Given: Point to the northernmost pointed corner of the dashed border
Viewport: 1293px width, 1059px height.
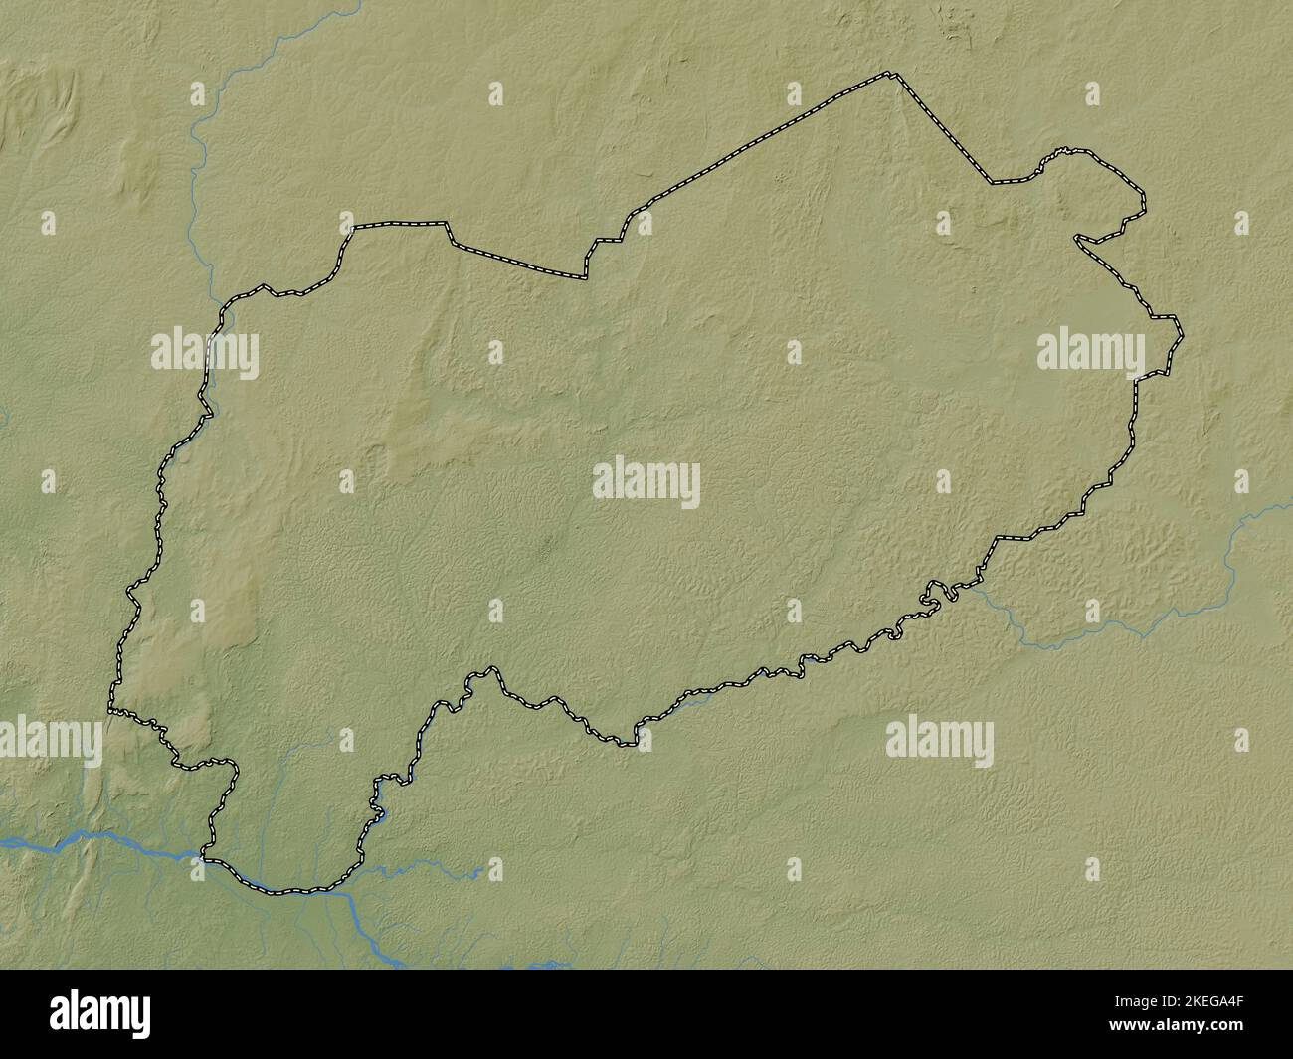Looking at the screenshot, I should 892,75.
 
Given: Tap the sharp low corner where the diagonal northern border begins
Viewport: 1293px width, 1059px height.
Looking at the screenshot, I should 586,276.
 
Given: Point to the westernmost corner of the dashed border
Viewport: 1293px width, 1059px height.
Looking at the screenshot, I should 110,710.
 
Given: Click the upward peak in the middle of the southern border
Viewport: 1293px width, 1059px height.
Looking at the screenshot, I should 488,671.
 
